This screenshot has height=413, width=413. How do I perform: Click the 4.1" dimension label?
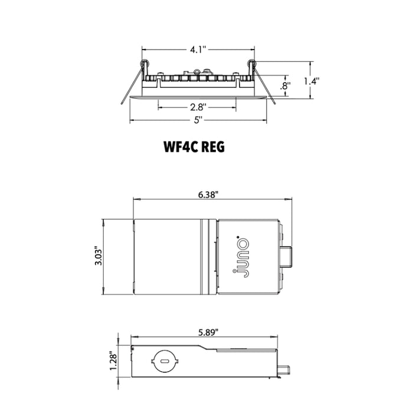(198, 50)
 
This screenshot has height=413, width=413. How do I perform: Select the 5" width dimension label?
(198, 120)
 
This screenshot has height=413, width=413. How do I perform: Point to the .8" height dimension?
(286, 86)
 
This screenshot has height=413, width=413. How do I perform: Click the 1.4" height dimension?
(312, 81)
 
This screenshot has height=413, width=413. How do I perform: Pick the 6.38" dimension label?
(209, 195)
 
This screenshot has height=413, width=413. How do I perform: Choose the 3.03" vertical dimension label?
(99, 256)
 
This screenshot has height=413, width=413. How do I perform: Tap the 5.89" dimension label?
(208, 332)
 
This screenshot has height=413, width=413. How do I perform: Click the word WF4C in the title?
(181, 147)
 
